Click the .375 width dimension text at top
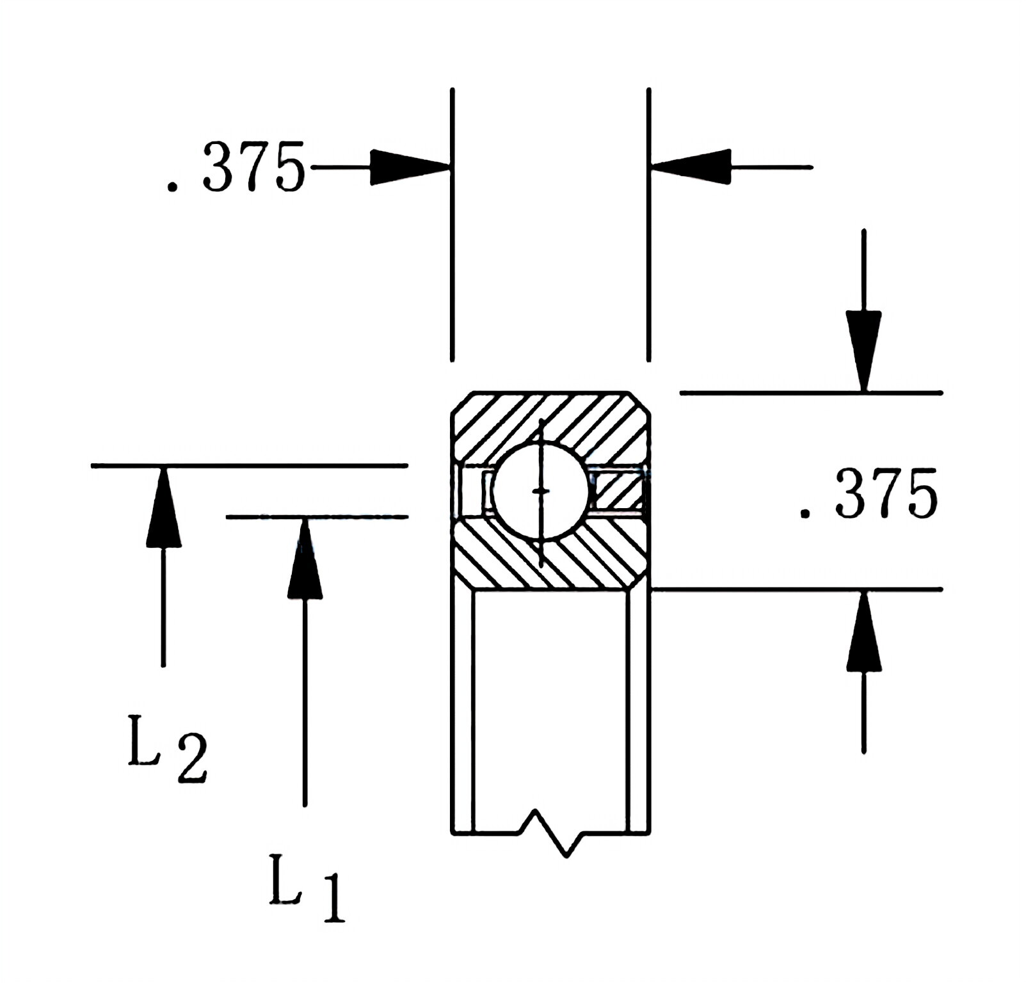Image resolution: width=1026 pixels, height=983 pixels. pos(236,168)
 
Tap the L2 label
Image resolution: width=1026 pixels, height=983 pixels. pos(166,749)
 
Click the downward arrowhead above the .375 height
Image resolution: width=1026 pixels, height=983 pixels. pos(863,349)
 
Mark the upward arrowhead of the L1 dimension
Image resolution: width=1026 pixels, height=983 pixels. pos(305,559)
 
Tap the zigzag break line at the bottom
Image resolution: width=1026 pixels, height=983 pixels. pos(550,832)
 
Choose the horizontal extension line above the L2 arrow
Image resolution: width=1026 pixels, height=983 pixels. pos(250,466)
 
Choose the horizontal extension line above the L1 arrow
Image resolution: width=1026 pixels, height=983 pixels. pos(317,516)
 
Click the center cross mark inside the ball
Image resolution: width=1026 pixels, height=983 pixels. pos(541,491)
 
